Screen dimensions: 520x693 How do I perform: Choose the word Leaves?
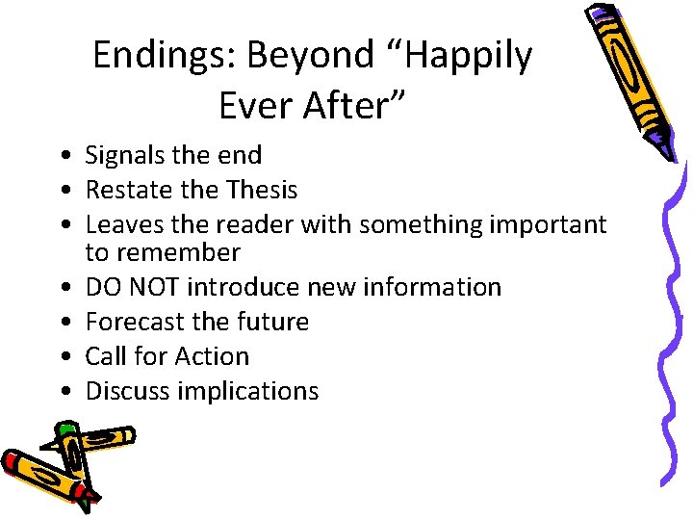pyautogui.click(x=123, y=224)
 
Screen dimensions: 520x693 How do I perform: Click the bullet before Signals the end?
pyautogui.click(x=61, y=156)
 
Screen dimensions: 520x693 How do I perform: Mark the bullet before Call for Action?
pyautogui.click(x=61, y=357)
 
